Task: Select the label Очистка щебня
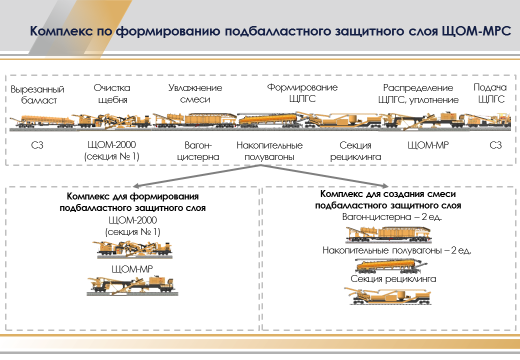coord(111,95)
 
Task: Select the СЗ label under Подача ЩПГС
coord(494,146)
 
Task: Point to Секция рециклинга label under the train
coord(348,151)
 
